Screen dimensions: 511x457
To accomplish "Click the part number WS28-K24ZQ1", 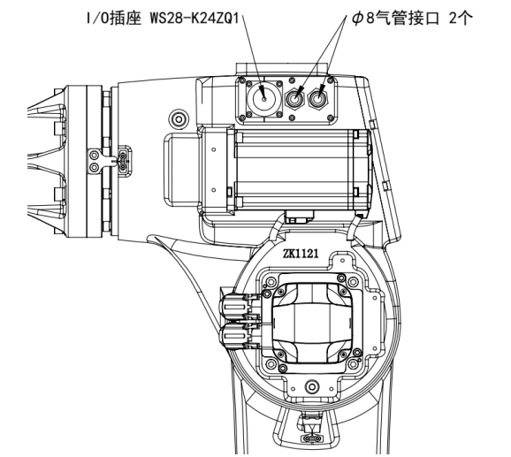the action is tap(194, 19).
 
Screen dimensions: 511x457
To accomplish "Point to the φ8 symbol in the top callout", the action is tap(362, 19).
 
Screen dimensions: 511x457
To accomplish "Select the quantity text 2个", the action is tap(461, 19).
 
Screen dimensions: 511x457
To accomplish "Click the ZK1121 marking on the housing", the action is tap(301, 253).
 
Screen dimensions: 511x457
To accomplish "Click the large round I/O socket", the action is tap(263, 98).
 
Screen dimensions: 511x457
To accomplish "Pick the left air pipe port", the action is tap(294, 98).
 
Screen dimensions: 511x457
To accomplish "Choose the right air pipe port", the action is tap(318, 98).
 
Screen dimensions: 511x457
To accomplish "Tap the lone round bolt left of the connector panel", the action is tap(179, 119).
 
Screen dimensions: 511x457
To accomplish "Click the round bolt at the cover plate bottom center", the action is tap(312, 386).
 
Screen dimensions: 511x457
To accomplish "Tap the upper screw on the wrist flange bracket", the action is tap(95, 155).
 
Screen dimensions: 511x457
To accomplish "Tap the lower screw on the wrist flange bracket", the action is tap(95, 167).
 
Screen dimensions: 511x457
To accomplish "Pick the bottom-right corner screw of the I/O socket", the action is tap(279, 114).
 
